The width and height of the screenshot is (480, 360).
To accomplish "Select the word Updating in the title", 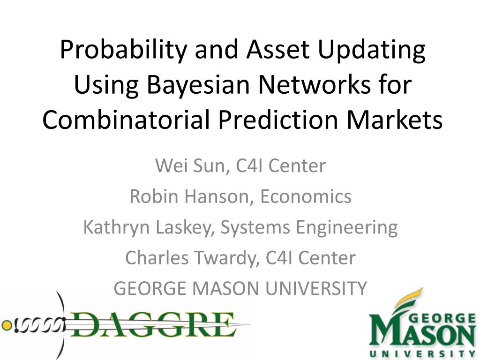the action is coord(372,51).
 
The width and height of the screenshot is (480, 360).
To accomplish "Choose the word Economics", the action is coord(306,196).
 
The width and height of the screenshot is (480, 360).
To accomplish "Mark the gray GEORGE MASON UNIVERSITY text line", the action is coord(240,288).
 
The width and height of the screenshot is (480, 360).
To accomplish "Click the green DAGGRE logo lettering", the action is coord(153,324).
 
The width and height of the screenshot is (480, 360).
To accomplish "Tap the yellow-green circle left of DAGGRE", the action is coord(7,325).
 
